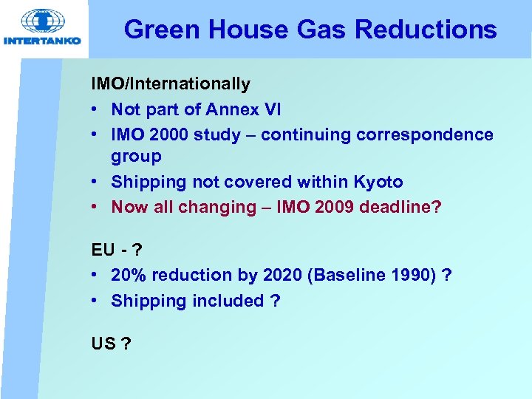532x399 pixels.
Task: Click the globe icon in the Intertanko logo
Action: click(x=41, y=21)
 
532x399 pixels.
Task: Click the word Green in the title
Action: click(x=163, y=30)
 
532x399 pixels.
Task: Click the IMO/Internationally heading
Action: click(x=171, y=84)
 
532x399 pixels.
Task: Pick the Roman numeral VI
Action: click(x=272, y=109)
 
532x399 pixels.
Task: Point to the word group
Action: click(x=136, y=156)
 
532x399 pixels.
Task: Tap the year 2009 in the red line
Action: click(x=334, y=207)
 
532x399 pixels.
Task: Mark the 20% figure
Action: click(x=126, y=275)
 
